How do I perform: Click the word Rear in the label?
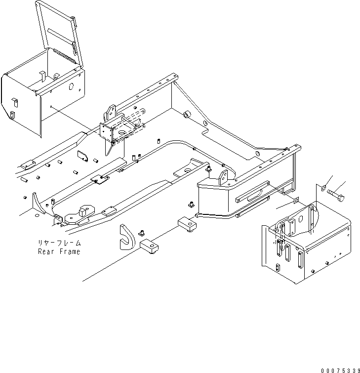(48, 251)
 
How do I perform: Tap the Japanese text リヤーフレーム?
(59, 243)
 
